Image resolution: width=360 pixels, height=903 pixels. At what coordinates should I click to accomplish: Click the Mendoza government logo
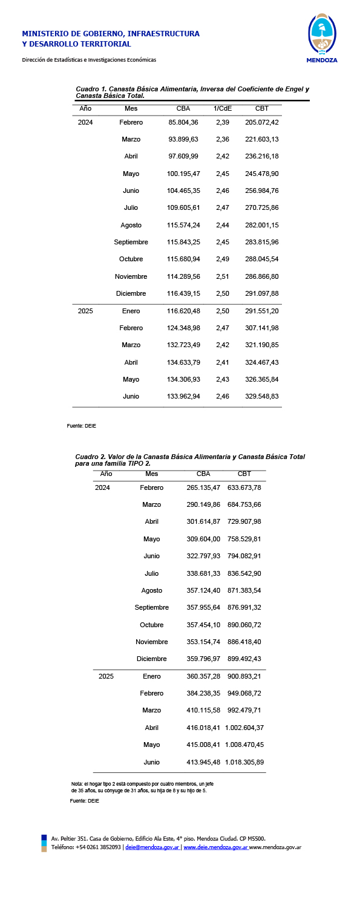[x=322, y=37]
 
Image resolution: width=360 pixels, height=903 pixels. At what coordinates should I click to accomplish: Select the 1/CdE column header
[x=223, y=109]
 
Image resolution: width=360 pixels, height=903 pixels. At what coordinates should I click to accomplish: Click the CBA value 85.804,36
[x=183, y=122]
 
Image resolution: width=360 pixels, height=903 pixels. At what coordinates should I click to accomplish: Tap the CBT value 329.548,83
[x=261, y=397]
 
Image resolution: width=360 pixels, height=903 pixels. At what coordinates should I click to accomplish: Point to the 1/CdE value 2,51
[x=223, y=276]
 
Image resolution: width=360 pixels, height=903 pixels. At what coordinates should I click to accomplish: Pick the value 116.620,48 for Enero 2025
[x=183, y=311]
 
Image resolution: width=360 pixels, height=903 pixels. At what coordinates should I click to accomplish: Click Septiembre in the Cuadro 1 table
[x=131, y=243]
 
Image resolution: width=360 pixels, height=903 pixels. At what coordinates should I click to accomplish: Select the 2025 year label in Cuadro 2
[x=106, y=676]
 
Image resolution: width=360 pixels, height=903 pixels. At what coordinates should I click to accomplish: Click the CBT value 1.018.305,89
[x=244, y=762]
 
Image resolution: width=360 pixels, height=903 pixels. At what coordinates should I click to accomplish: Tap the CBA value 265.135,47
[x=203, y=487]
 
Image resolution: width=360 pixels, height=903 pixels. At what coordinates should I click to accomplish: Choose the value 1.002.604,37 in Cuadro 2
[x=244, y=728]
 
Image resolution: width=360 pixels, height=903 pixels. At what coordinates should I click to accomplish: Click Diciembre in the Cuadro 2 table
[x=151, y=659]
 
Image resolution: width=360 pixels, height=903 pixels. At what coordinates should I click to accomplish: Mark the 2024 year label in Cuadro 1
[x=85, y=122]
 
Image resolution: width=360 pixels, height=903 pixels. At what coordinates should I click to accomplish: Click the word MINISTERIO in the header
[x=47, y=34]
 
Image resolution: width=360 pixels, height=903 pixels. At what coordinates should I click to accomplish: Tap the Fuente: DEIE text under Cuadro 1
[x=81, y=426]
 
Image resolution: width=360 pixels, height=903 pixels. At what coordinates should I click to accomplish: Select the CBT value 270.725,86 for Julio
[x=261, y=208]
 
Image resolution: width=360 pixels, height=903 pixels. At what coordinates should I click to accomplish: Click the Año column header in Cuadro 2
[x=106, y=474]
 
